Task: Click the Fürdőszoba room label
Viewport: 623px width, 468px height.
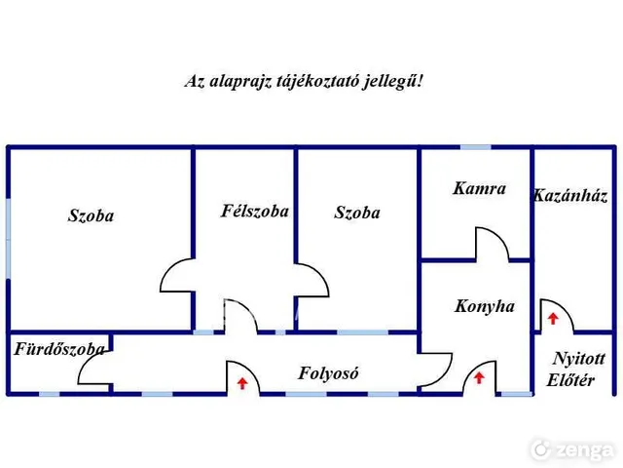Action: click(x=59, y=349)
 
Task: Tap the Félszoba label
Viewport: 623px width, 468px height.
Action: click(x=255, y=211)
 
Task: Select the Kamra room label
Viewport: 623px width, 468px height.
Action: click(x=479, y=188)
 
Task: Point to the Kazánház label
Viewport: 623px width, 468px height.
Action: click(x=570, y=195)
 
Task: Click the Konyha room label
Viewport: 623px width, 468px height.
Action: click(x=485, y=306)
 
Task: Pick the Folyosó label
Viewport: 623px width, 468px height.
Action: click(x=328, y=373)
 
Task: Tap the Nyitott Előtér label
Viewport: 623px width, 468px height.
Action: click(x=575, y=370)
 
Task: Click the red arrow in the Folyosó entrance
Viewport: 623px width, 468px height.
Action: click(x=242, y=383)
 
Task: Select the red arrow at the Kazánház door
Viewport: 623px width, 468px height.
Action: click(x=553, y=319)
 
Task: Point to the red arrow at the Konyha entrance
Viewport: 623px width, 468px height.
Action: click(x=479, y=377)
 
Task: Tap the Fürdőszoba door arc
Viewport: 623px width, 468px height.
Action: click(x=85, y=363)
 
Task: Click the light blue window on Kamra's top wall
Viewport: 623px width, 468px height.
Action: click(x=476, y=147)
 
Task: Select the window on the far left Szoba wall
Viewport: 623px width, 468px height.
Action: click(x=8, y=238)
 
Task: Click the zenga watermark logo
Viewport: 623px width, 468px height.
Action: click(x=573, y=450)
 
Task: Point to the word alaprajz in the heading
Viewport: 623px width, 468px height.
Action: click(x=240, y=82)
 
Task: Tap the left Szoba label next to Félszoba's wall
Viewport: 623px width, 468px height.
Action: click(x=91, y=215)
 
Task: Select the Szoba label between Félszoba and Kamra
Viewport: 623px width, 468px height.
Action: click(x=357, y=213)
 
